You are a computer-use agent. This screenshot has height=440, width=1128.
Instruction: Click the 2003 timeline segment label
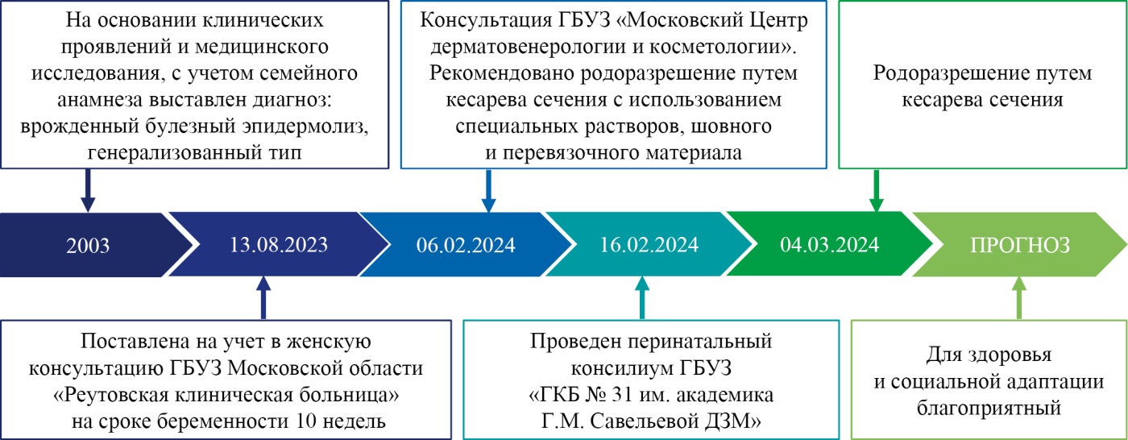click(x=88, y=245)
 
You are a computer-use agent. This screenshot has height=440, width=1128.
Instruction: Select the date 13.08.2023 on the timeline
click(x=279, y=245)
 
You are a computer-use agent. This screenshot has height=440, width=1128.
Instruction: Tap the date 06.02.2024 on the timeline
click(x=466, y=245)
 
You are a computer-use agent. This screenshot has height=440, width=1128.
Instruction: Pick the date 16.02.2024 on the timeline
click(x=649, y=245)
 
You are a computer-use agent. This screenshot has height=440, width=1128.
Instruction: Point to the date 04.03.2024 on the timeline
click(x=829, y=245)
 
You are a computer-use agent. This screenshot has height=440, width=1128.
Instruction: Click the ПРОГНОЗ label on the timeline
click(x=1020, y=245)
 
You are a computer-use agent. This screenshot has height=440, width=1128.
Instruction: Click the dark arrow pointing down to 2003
click(x=88, y=190)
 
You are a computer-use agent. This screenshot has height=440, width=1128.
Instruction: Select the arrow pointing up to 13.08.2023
click(x=263, y=297)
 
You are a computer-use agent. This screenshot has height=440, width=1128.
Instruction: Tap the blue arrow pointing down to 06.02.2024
click(x=488, y=190)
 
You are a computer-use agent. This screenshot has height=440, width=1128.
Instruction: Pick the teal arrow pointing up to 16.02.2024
click(x=642, y=297)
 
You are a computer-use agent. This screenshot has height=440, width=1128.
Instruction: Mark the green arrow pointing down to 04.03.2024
click(x=877, y=190)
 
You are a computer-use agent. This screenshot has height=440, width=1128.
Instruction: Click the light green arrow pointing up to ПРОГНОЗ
click(x=1019, y=297)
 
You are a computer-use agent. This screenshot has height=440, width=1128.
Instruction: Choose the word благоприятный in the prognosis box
click(x=989, y=408)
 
